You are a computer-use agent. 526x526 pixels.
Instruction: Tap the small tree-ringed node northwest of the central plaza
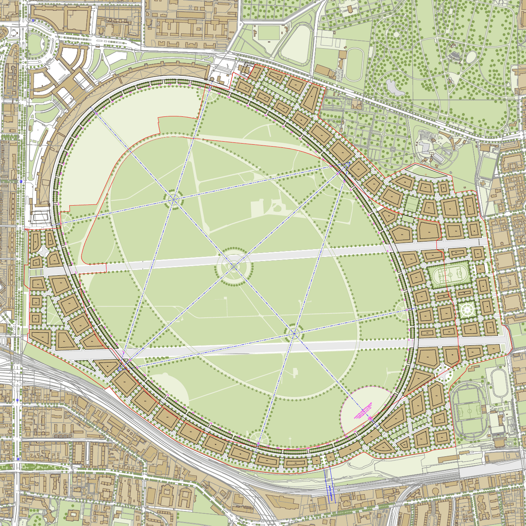174,199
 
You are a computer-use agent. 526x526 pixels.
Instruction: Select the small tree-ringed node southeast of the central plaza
294,333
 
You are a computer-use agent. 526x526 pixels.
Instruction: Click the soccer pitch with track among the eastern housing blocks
449,274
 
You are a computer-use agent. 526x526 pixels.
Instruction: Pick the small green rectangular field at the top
269,33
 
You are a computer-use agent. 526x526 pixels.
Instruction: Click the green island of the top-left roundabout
37,45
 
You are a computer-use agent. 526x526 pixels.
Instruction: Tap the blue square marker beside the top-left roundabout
33,21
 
